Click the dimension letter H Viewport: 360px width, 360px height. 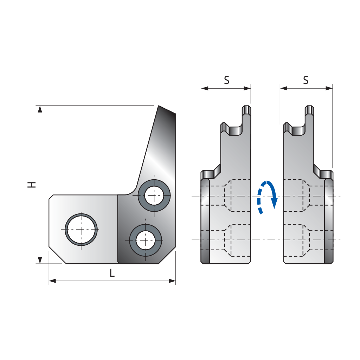[32, 185]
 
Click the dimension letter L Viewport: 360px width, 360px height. [112, 273]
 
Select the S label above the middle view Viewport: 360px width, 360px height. [227, 80]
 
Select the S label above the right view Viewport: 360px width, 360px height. [306, 80]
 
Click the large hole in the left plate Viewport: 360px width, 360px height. [81, 230]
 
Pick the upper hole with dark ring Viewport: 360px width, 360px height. [154, 195]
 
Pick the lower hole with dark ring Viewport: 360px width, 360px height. [145, 240]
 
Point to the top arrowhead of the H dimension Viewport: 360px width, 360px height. [40, 109]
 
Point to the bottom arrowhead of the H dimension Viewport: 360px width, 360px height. [40, 260]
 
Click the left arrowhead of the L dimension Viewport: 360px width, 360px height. [53, 281]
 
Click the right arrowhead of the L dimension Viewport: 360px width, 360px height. [172, 281]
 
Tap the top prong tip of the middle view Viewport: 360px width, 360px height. [246, 106]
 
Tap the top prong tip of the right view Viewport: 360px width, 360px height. [309, 106]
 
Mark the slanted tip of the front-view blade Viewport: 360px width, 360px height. [159, 106]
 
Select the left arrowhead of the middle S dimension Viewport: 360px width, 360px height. [205, 88]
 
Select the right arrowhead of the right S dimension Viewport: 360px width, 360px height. [329, 88]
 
